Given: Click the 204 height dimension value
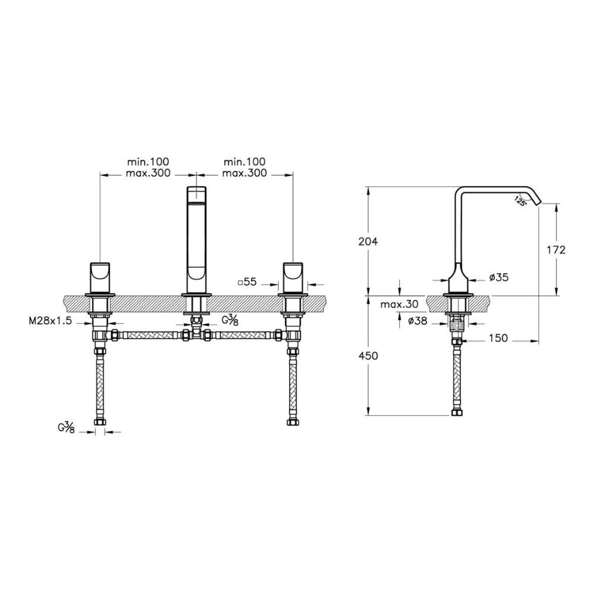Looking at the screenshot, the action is [x=368, y=241].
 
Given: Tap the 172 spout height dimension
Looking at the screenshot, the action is [x=556, y=249].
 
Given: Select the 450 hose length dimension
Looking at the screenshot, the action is [x=368, y=356].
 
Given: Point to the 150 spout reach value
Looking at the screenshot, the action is [x=498, y=338].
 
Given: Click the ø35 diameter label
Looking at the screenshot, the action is [x=498, y=277].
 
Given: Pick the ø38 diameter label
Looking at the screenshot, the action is [x=418, y=321].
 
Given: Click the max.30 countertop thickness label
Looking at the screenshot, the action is [x=399, y=304].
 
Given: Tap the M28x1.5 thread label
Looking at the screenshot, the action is [x=50, y=321].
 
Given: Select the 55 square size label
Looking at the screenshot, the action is [x=247, y=282].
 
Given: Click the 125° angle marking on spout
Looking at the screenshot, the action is [x=520, y=200].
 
